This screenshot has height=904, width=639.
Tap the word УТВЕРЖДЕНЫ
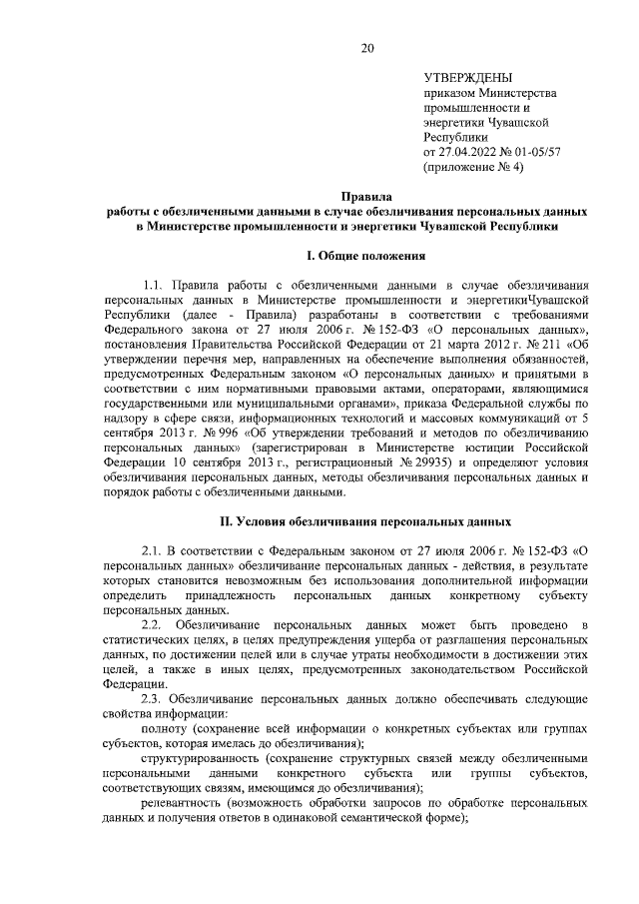[x=468, y=78]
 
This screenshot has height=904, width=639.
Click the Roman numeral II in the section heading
[x=228, y=521]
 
